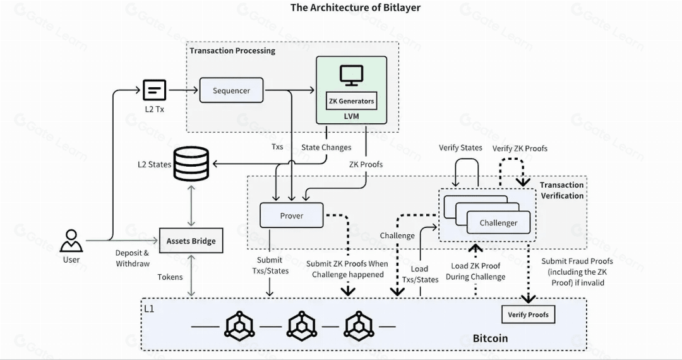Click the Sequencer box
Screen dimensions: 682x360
click(231, 90)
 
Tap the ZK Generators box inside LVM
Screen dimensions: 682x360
click(352, 101)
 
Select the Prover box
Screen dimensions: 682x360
click(291, 215)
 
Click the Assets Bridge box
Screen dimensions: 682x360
click(191, 241)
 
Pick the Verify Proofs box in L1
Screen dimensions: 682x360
click(528, 315)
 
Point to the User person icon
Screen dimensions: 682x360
click(71, 241)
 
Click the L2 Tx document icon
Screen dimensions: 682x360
click(155, 90)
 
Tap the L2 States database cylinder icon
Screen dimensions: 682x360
click(191, 164)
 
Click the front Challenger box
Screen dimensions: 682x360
click(498, 222)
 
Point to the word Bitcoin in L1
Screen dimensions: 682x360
click(490, 339)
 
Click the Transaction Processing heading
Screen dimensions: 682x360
click(232, 51)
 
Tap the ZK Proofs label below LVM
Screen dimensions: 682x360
click(366, 164)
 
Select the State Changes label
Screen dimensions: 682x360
click(326, 147)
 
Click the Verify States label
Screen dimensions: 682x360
click(460, 148)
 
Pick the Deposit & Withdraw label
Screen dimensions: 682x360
click(133, 258)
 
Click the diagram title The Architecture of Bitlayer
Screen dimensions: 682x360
click(356, 8)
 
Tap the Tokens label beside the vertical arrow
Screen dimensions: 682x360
click(170, 277)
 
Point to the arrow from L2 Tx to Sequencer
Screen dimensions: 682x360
click(183, 90)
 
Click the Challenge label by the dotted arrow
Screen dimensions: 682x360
click(397, 236)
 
